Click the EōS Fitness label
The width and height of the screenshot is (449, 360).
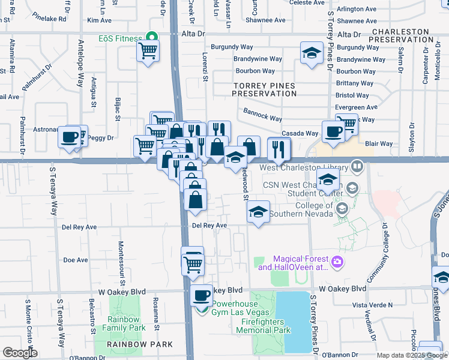pyautogui.click(x=119, y=39)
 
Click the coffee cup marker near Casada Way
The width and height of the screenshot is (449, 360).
pyautogui.click(x=333, y=131)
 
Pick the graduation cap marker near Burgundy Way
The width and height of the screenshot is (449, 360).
pyautogui.click(x=311, y=52)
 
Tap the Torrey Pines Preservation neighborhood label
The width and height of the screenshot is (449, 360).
pyautogui.click(x=264, y=90)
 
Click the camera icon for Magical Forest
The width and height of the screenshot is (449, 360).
pyautogui.click(x=337, y=261)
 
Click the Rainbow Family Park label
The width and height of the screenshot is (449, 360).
pyautogui.click(x=124, y=324)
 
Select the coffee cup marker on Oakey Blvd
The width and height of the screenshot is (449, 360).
pyautogui.click(x=202, y=295)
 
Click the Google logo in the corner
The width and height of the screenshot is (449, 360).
pyautogui.click(x=20, y=353)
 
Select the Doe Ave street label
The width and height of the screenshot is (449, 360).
pyautogui.click(x=76, y=260)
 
